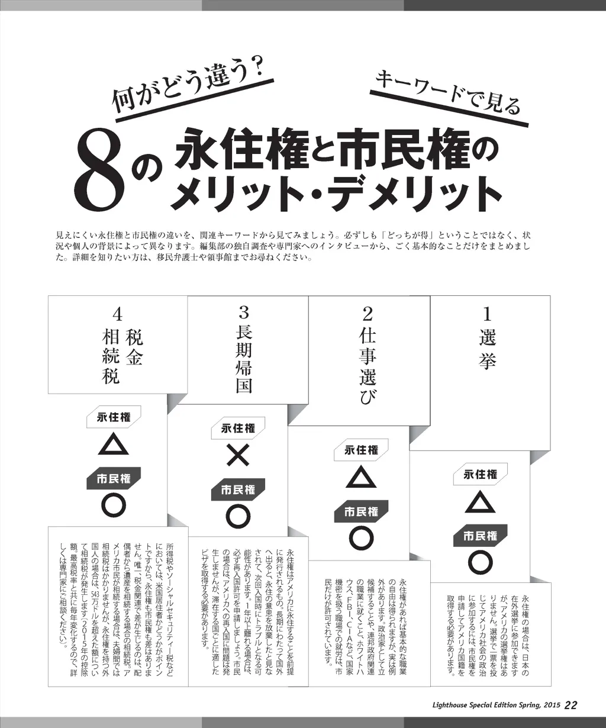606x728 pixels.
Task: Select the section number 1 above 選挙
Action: click(486, 315)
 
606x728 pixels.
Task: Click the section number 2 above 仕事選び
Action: click(368, 315)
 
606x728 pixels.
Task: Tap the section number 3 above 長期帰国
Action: click(244, 313)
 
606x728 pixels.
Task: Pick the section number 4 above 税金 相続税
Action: click(118, 315)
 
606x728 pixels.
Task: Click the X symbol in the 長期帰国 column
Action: click(238, 455)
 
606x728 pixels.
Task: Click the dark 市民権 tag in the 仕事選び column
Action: click(361, 511)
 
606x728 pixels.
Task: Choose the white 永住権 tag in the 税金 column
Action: click(114, 417)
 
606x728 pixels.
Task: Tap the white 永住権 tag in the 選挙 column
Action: click(480, 474)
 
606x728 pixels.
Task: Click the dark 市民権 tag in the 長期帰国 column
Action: click(238, 489)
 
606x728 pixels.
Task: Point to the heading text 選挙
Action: click(487, 349)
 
